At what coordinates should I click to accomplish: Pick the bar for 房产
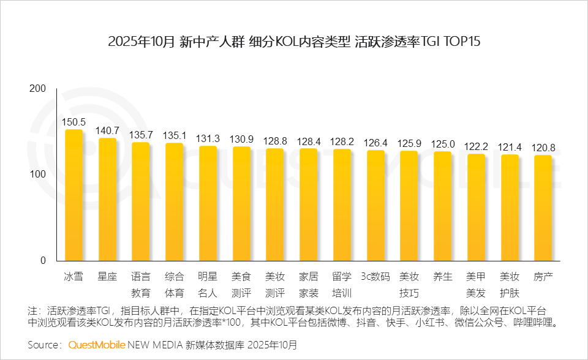[543, 209]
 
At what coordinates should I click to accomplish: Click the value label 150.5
[74, 122]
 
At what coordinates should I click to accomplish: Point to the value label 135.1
[175, 135]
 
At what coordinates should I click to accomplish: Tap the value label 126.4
[375, 143]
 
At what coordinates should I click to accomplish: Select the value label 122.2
[476, 146]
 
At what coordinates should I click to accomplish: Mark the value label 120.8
[543, 148]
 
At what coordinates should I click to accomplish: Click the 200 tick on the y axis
[38, 89]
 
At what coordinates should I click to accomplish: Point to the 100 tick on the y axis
[38, 174]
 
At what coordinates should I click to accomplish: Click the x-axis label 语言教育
[141, 284]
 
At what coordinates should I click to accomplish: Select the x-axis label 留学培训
[342, 284]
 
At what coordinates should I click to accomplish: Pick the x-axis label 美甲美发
[476, 284]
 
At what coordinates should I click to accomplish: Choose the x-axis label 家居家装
[308, 284]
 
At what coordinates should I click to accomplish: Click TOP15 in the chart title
[458, 42]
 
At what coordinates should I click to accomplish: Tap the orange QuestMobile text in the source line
[97, 345]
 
